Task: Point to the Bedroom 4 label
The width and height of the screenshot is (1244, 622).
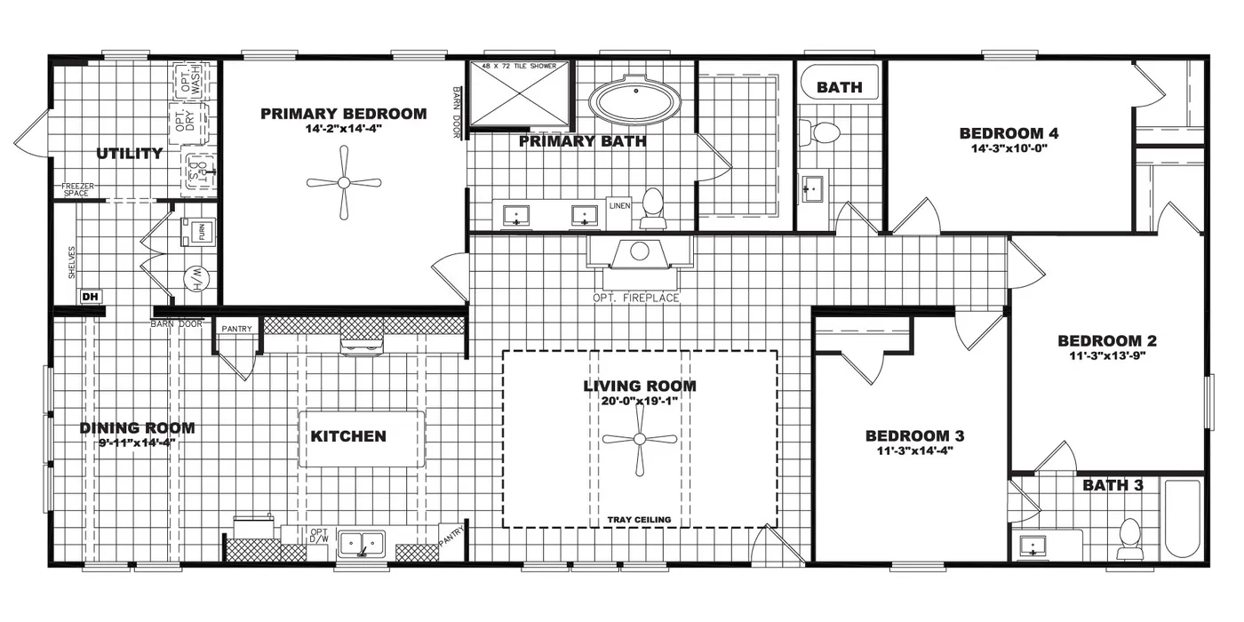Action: click(1009, 133)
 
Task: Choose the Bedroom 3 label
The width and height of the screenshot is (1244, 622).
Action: click(914, 435)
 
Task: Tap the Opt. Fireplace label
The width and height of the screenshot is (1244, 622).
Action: click(635, 298)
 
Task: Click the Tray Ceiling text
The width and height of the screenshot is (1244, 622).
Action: click(639, 520)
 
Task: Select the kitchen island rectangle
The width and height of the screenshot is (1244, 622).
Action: click(362, 438)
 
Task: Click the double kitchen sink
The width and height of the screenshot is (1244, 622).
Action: click(362, 541)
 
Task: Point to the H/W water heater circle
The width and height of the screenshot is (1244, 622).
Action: click(195, 280)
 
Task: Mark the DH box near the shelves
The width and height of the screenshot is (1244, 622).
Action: click(90, 297)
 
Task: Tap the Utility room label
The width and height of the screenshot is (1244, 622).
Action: click(130, 154)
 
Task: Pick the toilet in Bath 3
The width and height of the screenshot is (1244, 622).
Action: click(1129, 538)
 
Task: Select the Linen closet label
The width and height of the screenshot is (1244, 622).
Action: click(619, 205)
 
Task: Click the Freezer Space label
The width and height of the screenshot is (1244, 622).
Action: click(77, 189)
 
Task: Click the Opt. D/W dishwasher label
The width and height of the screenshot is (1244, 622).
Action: click(319, 536)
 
